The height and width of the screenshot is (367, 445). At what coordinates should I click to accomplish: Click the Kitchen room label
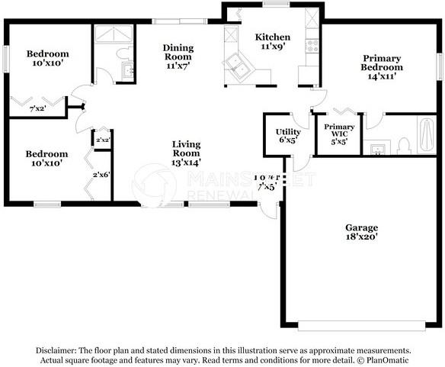pyautogui.click(x=273, y=37)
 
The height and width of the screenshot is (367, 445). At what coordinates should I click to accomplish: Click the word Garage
pyautogui.click(x=361, y=227)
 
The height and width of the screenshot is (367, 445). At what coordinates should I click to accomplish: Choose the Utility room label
pyautogui.click(x=288, y=132)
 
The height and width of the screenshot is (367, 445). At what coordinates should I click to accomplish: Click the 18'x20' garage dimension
pyautogui.click(x=361, y=237)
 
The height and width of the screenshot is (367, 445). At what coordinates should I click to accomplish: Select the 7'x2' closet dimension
pyautogui.click(x=37, y=110)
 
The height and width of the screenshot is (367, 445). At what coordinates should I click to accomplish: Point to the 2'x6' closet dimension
pyautogui.click(x=101, y=175)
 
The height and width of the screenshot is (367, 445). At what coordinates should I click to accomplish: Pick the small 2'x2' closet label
pyautogui.click(x=102, y=140)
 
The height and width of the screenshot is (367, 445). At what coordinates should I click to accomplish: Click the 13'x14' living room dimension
pyautogui.click(x=186, y=163)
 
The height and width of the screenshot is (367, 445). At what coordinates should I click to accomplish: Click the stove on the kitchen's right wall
pyautogui.click(x=312, y=45)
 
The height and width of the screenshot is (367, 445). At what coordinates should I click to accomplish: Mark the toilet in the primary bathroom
pyautogui.click(x=404, y=144)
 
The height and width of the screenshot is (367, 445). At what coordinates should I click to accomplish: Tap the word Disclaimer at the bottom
pyautogui.click(x=56, y=349)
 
